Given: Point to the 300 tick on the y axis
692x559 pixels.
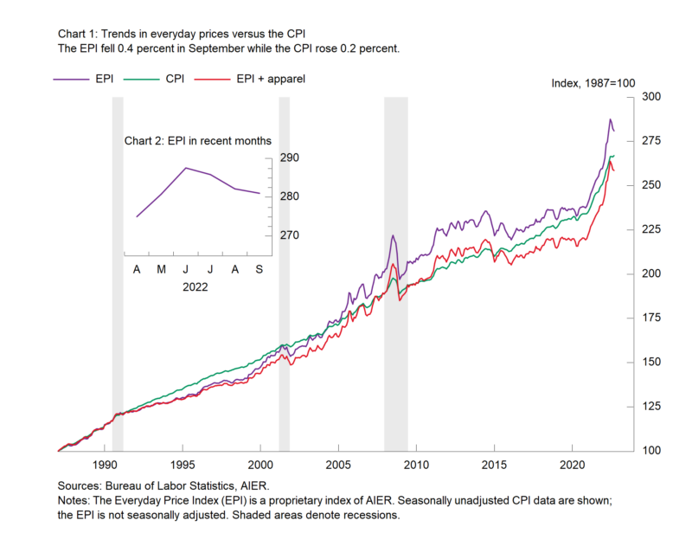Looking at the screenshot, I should pos(650,97).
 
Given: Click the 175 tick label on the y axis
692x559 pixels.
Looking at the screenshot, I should pos(650,318).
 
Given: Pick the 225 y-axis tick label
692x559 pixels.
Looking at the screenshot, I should pos(650,229).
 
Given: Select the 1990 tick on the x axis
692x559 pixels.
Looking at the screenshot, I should pos(105,464).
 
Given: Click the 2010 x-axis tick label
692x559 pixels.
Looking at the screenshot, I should pos(417,464).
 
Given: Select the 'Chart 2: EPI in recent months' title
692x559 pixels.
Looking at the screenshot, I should pos(198,140).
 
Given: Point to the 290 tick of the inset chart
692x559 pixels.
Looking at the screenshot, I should pos(289,157).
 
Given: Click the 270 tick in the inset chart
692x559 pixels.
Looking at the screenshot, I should pos(289,235).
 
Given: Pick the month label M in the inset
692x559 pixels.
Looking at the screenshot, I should pos(162,270).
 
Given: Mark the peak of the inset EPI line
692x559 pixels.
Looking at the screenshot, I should pos(186,168).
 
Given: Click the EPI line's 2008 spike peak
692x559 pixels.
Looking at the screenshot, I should pos(393,235).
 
